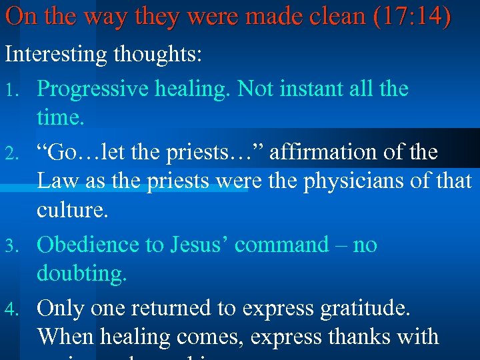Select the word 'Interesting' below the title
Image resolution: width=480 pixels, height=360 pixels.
tap(57, 55)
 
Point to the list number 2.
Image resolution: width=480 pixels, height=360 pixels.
tap(10, 154)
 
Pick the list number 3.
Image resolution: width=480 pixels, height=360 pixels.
tap(10, 246)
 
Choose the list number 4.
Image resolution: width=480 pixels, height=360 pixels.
tap(10, 309)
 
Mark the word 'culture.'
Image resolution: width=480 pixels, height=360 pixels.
tap(71, 211)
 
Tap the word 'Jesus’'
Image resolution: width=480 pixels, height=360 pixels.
tap(195, 245)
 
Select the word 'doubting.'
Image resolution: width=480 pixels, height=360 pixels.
tap(82, 274)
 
